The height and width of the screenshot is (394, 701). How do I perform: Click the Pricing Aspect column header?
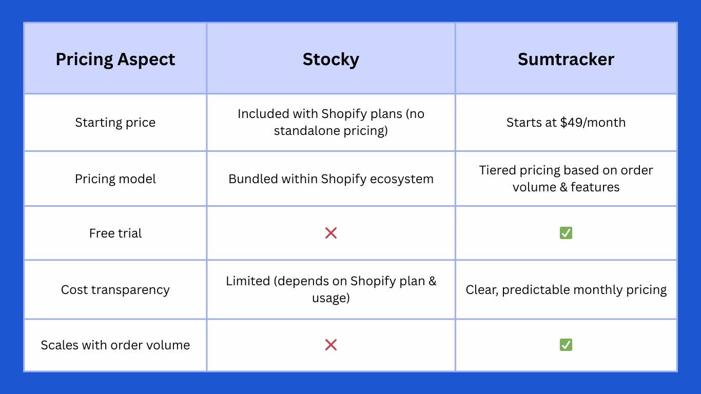[x=115, y=60]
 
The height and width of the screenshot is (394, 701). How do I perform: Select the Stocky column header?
[x=330, y=60]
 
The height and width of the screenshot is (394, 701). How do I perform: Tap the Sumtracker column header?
[x=566, y=60]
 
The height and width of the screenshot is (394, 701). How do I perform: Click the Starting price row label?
[x=115, y=123]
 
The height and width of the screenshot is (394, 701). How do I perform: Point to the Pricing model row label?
[x=115, y=179]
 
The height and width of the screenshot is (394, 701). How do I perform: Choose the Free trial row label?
[x=115, y=233]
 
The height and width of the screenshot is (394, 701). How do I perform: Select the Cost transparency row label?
[x=115, y=290]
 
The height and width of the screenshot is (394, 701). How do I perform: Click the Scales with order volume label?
[x=115, y=345]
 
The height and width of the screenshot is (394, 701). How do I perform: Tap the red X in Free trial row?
[x=331, y=233]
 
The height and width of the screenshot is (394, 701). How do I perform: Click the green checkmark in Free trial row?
[x=566, y=233]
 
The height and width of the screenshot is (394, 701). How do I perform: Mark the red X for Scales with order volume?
[x=331, y=345]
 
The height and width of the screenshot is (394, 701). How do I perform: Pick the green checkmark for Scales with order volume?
[x=566, y=345]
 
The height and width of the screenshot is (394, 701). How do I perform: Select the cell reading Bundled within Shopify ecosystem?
[x=331, y=179]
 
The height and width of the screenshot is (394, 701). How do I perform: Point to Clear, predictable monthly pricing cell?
[x=566, y=290]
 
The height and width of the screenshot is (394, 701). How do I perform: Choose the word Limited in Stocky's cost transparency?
[x=248, y=281]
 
